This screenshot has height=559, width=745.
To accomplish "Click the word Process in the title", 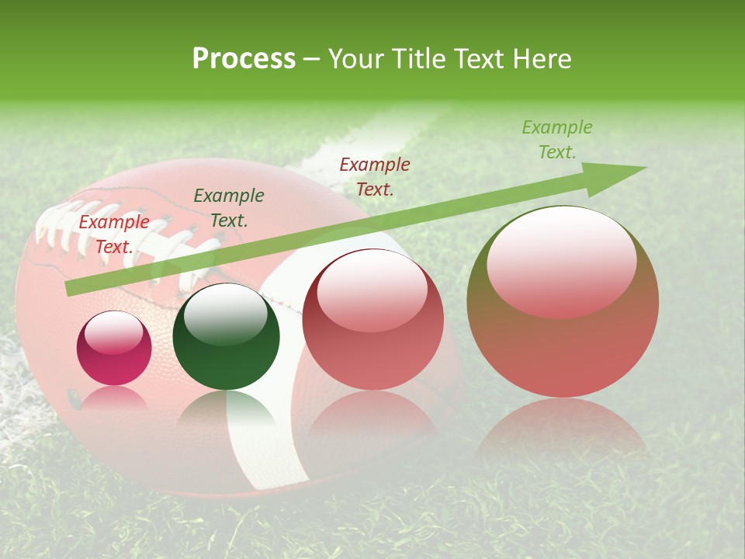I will tap(244, 59).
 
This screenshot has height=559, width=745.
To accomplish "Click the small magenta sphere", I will tap(114, 349).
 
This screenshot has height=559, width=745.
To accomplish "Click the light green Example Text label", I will tap(556, 140).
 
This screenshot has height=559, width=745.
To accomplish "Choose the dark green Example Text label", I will tap(228, 208).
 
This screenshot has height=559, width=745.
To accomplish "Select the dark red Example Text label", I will tap(375, 176).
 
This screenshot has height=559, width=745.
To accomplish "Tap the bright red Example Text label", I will tap(113, 234).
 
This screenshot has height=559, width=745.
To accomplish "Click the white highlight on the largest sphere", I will tap(561, 260).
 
